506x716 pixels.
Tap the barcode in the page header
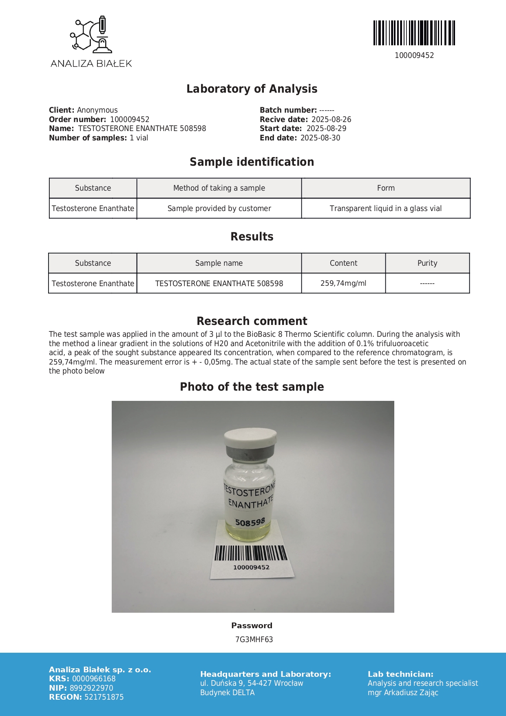coord(414,33)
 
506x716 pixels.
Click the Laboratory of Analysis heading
coord(252,89)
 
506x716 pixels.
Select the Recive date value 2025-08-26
coord(331,120)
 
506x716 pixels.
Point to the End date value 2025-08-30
coord(320,138)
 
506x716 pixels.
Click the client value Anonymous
coord(97,110)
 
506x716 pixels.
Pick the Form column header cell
coord(386,188)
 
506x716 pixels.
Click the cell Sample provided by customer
coord(219,209)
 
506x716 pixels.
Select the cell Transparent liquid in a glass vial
coord(386,209)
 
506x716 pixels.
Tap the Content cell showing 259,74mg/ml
coord(343,283)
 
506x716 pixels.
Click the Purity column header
coord(427,263)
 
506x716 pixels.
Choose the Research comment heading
coord(252,321)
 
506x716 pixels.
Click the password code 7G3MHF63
coord(254,640)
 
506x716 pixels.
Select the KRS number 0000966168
coord(94,679)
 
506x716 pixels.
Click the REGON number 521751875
coord(104,697)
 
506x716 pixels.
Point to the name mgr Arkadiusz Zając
coord(403,693)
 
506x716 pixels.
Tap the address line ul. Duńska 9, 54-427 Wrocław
coord(252,683)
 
